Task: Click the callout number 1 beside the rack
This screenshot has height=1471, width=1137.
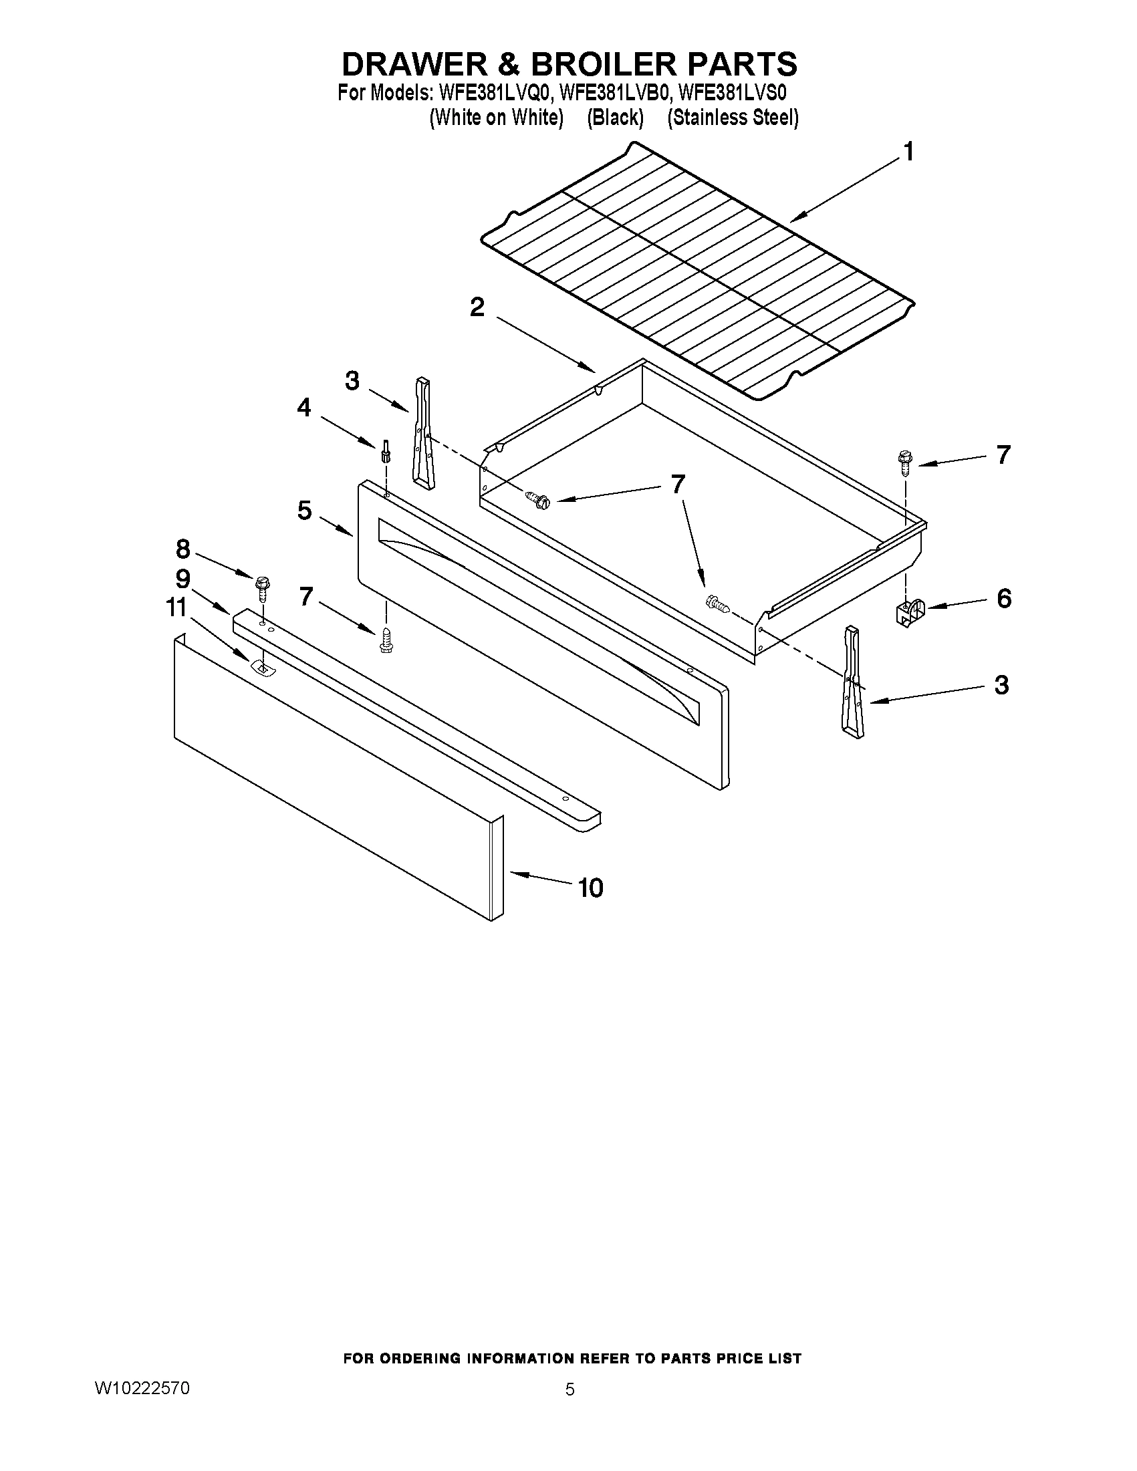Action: point(908,152)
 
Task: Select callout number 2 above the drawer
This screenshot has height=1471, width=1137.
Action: point(477,308)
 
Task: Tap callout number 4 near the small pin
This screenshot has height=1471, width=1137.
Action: point(304,407)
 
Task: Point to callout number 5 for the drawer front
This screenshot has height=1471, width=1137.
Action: point(304,511)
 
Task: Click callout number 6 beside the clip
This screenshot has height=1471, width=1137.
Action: point(1003,598)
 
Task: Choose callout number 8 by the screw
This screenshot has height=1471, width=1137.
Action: point(182,549)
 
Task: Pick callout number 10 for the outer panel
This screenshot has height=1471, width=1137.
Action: point(591,888)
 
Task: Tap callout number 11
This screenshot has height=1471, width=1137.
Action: point(176,608)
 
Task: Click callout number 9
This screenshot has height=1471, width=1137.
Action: point(182,579)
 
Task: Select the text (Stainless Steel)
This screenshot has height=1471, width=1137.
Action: point(733,118)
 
